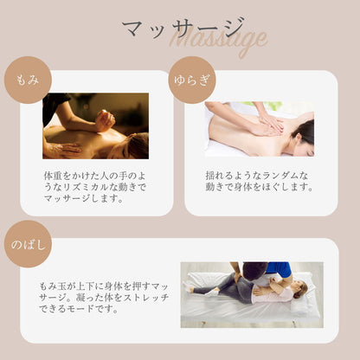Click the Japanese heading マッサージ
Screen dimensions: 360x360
(x=183, y=29)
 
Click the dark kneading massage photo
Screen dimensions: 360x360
(x=95, y=126)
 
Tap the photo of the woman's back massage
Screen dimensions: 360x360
(x=259, y=129)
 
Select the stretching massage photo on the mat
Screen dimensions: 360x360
(x=251, y=294)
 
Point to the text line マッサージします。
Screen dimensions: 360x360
(x=84, y=198)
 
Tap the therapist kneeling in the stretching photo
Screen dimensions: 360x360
(x=255, y=277)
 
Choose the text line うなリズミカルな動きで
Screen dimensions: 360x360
(x=95, y=186)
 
